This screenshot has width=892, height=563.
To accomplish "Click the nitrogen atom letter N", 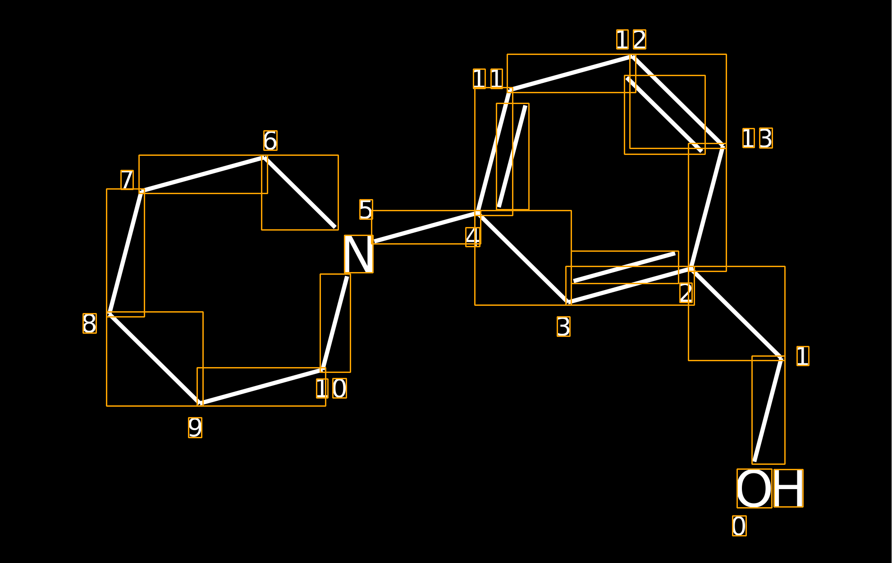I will (x=359, y=254).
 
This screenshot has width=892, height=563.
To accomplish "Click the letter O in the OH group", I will (x=754, y=488).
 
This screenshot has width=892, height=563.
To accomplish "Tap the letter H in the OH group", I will (x=788, y=488).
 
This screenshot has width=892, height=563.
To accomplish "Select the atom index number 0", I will (x=739, y=526).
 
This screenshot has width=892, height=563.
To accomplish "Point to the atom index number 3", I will (x=563, y=327).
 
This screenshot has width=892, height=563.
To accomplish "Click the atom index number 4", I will (x=473, y=237).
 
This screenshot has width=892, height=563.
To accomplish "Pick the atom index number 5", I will (x=366, y=209).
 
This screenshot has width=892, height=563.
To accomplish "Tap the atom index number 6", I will (x=270, y=141).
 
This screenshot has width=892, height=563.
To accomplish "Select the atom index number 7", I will (x=127, y=180).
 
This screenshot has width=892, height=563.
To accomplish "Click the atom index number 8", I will (x=90, y=323).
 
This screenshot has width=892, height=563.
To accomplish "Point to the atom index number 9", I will (x=195, y=427).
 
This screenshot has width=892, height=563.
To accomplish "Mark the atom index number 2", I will (x=686, y=293).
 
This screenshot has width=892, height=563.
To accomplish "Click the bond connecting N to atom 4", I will (x=425, y=227).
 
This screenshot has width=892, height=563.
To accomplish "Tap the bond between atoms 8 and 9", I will (x=155, y=359).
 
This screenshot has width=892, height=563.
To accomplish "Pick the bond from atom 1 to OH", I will (x=768, y=410).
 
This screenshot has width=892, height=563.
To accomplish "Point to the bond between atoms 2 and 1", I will (x=736, y=313).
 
